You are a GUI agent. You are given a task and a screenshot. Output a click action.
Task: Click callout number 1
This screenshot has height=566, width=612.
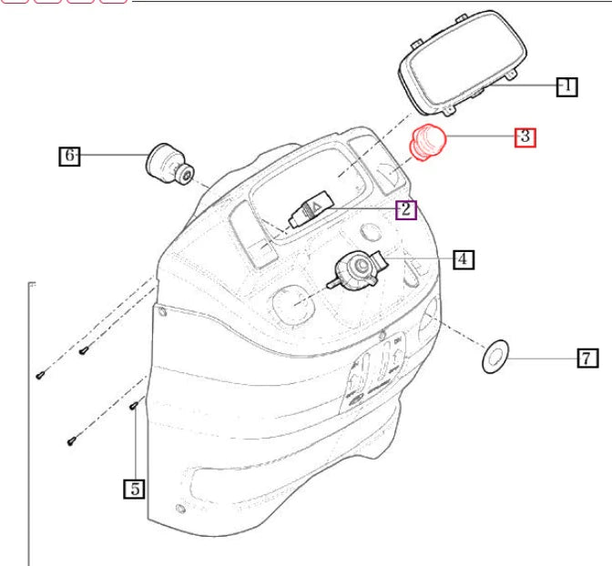(x=566, y=86)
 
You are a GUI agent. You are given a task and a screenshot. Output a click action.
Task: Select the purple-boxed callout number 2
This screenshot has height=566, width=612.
(x=405, y=210)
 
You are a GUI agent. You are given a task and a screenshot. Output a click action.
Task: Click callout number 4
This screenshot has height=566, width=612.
(x=462, y=259)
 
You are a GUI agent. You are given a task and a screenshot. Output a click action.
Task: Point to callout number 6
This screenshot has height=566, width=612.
(x=69, y=156)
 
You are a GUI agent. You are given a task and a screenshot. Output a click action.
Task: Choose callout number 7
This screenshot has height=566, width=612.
(x=587, y=358)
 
